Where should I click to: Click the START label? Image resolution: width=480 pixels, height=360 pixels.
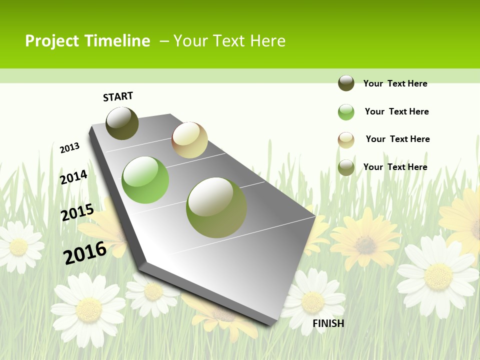tap(118, 96)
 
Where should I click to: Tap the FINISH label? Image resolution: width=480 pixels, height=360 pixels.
tap(328, 323)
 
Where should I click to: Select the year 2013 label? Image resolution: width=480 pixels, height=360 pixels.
tap(70, 147)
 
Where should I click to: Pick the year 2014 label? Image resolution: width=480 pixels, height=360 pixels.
tap(74, 177)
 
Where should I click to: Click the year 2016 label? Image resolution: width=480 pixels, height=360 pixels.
tap(85, 253)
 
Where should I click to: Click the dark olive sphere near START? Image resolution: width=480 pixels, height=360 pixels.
tap(122, 123)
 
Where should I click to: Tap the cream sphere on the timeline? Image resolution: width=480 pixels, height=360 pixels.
tap(189, 140)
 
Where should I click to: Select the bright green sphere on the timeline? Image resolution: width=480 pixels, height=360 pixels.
tap(145, 180)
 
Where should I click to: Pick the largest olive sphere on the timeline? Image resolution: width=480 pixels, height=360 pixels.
tap(216, 207)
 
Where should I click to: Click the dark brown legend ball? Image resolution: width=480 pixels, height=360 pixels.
tap(346, 83)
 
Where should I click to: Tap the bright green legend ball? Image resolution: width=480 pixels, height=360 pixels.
tap(346, 112)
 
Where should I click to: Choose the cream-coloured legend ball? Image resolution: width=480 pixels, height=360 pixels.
tap(346, 140)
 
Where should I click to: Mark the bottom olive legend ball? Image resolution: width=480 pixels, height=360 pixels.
tap(346, 167)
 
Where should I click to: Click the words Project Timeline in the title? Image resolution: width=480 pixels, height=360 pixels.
tap(87, 41)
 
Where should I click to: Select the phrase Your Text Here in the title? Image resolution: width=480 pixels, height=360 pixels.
tap(229, 41)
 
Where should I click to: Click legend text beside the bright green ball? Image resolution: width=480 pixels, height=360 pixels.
tap(396, 111)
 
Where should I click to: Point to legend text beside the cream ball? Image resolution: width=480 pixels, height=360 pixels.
tap(397, 139)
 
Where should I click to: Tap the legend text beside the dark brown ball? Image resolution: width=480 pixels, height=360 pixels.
tap(395, 83)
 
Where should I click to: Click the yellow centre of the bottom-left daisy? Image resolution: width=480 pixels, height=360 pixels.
tap(89, 309)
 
